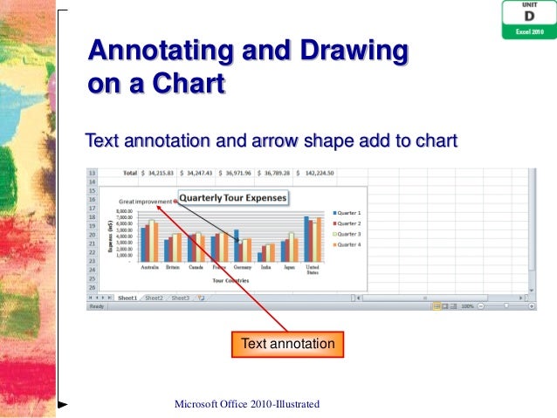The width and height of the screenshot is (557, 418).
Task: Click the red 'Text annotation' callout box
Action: [x=287, y=344]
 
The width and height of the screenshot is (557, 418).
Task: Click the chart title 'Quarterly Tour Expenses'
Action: [x=233, y=198]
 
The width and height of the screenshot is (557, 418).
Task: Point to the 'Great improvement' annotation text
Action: [x=145, y=201]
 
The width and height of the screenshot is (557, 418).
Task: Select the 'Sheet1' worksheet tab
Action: [x=127, y=298]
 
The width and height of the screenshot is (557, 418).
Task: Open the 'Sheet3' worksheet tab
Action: [x=180, y=298]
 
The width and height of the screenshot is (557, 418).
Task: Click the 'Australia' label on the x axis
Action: [x=149, y=267]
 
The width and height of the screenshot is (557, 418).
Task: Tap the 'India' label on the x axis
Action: [x=265, y=267]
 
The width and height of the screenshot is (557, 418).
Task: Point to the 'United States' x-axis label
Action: [x=313, y=270]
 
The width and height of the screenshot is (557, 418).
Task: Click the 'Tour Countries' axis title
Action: [x=230, y=280]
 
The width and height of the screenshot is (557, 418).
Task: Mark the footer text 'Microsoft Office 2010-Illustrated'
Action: [x=247, y=403]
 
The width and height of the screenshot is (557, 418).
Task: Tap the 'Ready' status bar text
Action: [x=97, y=306]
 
